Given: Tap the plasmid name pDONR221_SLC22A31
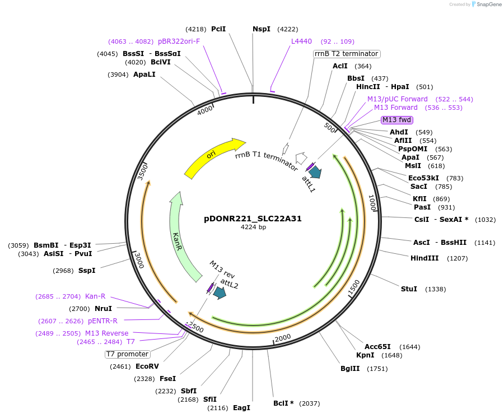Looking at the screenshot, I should tap(253, 219).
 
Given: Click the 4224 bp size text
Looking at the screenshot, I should tap(253, 227).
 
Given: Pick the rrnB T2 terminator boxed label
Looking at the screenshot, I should tap(347, 54).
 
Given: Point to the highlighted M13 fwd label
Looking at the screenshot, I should tap(396, 119).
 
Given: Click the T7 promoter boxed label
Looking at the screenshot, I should tap(128, 354).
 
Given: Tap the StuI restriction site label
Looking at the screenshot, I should tap(409, 289).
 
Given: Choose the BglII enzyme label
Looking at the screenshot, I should tap(352, 369).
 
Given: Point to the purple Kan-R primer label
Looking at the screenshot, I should tap(95, 296).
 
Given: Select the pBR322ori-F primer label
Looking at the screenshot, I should tap(179, 41).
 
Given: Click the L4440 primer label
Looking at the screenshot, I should tap(301, 41).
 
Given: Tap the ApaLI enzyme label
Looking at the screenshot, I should tap(144, 75).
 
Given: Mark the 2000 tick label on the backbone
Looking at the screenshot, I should tap(283, 337).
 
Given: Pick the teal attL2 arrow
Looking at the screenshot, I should tap(220, 292).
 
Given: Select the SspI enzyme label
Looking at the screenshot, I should tap(87, 271).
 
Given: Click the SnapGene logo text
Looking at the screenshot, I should tap(489, 4).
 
